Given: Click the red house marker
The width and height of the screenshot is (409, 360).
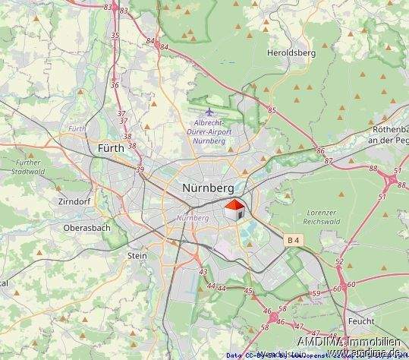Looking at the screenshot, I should click(234, 209).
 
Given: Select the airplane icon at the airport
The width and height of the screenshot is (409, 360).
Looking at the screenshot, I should click(209, 113).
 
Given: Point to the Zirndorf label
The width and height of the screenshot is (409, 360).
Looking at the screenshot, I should click(74, 202).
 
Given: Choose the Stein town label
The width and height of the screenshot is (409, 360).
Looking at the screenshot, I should click(137, 256).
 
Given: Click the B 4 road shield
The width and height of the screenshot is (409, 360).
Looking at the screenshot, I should click(294, 240).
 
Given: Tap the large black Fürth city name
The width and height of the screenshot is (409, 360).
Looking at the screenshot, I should click(112, 149).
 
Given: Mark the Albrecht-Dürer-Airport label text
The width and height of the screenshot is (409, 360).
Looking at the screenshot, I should click(210, 132).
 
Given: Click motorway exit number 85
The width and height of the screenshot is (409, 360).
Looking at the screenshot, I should click(272, 111).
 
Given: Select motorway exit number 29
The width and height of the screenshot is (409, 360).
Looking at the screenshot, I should click(140, 169).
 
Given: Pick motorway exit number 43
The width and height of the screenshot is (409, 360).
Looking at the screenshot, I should click(203, 271).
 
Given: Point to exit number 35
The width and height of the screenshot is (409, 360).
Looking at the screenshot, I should click(115, 36).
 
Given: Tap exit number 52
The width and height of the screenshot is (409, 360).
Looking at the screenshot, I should click(339, 262).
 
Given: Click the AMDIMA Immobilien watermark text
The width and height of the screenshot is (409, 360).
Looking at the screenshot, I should click(348, 340).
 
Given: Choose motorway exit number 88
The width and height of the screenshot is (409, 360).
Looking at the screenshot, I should click(373, 168).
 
